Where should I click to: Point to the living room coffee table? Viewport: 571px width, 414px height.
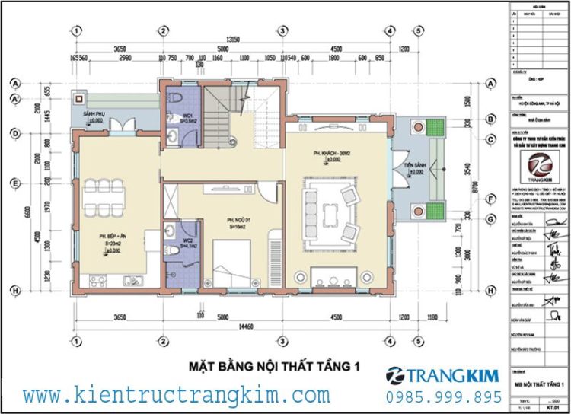(x=332, y=208)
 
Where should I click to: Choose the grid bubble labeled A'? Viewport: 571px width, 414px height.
(x=14, y=100)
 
